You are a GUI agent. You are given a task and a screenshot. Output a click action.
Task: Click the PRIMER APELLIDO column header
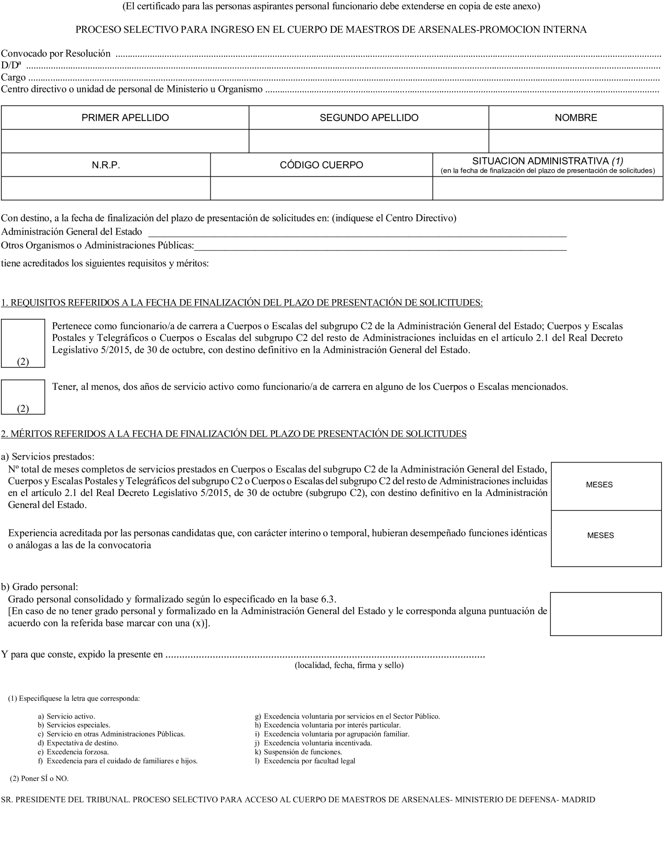(x=125, y=118)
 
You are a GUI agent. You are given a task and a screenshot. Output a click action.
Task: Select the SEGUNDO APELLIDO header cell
(x=368, y=118)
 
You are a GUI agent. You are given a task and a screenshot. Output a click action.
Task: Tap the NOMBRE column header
(x=576, y=118)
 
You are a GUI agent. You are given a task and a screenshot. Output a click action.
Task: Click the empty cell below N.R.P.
(x=106, y=188)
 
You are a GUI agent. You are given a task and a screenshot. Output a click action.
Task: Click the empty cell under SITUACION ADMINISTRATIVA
(x=547, y=188)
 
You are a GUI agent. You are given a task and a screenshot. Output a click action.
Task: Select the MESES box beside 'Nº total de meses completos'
(x=606, y=486)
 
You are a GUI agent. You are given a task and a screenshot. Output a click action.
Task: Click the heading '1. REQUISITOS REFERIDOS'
(x=241, y=303)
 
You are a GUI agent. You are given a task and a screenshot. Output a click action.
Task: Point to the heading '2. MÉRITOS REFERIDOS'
(x=234, y=434)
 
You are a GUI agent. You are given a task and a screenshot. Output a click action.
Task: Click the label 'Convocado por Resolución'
(x=56, y=53)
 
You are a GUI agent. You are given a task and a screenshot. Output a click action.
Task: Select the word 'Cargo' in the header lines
(x=13, y=77)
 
